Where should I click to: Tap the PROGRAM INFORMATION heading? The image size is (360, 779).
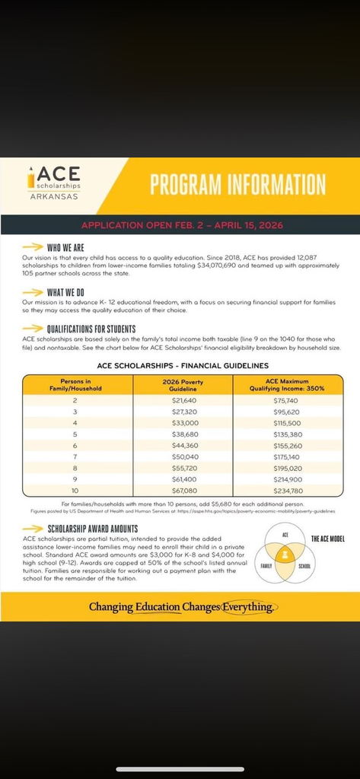coord(237,184)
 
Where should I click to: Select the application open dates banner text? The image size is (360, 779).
coord(180,225)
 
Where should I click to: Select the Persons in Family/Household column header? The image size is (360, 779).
coord(75,384)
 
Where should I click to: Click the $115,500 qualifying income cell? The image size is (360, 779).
coord(287,422)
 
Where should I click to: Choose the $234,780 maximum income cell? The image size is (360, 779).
coord(287,491)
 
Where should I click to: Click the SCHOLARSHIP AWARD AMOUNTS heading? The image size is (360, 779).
coord(92,529)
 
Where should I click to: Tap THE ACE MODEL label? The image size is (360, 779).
coord(327,539)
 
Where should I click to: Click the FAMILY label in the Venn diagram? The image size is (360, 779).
coord(266,566)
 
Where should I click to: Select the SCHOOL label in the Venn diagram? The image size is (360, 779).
coord(304,566)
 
